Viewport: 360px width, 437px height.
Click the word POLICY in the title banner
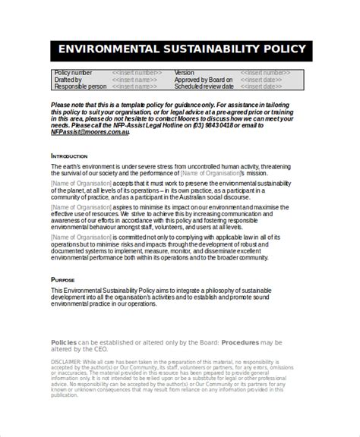click(280, 50)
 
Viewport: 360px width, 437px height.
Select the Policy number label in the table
click(73, 73)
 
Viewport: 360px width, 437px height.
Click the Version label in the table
click(185, 73)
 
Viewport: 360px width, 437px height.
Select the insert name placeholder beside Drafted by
click(135, 80)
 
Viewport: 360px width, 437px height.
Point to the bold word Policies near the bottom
click(63, 342)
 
